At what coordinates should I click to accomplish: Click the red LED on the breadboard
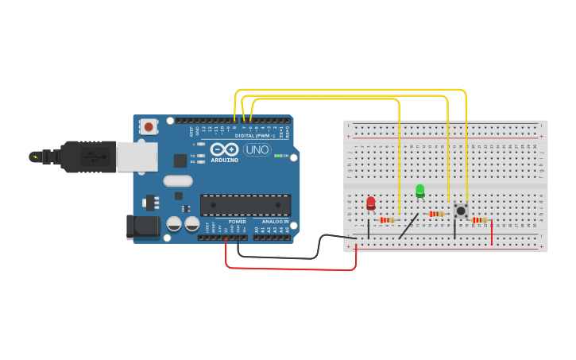[x=371, y=203]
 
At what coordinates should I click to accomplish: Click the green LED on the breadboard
[x=420, y=190]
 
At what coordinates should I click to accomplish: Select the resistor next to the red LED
[x=388, y=220]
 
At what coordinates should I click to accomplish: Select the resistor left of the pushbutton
[x=435, y=214]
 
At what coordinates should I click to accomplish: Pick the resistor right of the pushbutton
[x=479, y=220]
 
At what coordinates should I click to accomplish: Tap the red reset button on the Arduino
[x=149, y=126]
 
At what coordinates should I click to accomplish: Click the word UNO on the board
[x=257, y=149]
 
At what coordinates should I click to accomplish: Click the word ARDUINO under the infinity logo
[x=225, y=160]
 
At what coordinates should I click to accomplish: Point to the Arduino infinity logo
[x=225, y=149]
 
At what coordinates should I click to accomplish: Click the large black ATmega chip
[x=245, y=204]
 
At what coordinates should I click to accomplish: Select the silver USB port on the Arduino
[x=137, y=157]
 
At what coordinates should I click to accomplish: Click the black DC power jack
[x=144, y=226]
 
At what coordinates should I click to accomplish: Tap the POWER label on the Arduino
[x=238, y=222]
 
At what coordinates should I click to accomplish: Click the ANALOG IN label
[x=275, y=222]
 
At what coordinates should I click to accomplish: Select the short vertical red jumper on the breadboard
[x=492, y=233]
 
